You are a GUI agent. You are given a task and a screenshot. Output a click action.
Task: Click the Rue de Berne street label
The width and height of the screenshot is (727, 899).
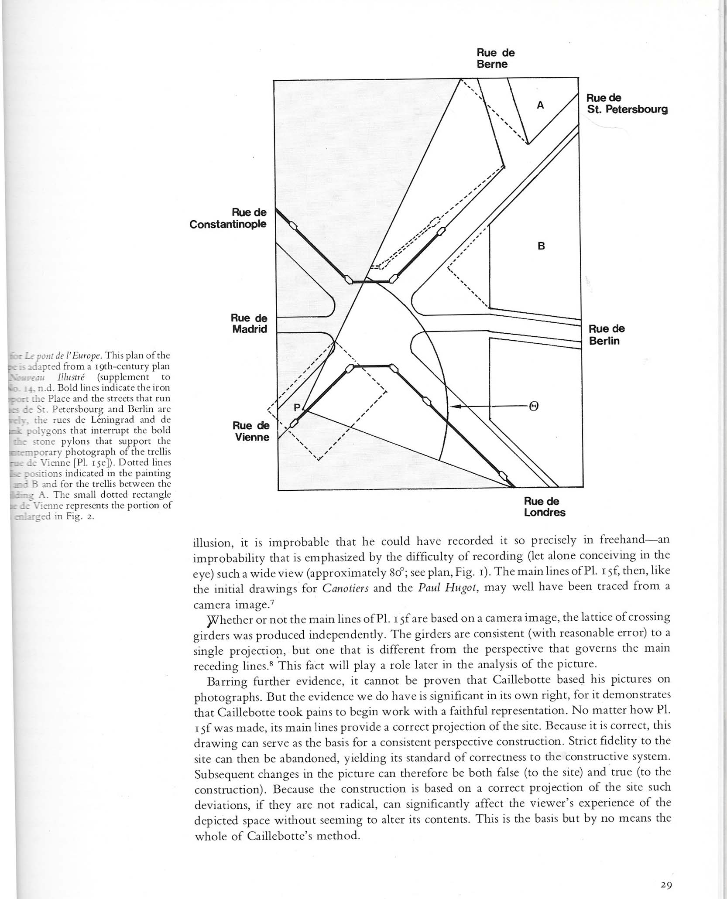coord(495,58)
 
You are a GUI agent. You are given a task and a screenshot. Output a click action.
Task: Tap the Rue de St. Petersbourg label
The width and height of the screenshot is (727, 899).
coord(627,104)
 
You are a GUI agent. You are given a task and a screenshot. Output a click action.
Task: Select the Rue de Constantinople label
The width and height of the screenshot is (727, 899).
coord(228,218)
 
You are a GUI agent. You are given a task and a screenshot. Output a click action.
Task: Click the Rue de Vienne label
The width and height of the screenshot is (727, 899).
coord(251,431)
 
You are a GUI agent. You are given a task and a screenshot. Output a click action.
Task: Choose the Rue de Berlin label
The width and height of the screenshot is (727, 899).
coord(607,335)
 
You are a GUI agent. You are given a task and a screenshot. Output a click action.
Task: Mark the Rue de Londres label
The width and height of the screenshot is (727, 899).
coord(544,507)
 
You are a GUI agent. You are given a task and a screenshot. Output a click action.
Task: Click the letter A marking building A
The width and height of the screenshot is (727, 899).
coord(540,105)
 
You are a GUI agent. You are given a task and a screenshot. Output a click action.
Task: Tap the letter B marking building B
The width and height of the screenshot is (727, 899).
coord(541,246)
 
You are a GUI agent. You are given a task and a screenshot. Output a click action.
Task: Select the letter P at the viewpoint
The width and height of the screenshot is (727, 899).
coord(297,407)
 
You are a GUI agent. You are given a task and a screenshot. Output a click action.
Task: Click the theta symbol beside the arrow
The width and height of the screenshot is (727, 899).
coord(533,407)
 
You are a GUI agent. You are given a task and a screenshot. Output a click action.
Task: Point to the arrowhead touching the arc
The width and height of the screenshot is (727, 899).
coord(453,407)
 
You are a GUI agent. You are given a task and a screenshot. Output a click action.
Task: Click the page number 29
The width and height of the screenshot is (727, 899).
coord(666,885)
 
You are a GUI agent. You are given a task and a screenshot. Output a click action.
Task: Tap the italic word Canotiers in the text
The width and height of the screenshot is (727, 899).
coord(345,588)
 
